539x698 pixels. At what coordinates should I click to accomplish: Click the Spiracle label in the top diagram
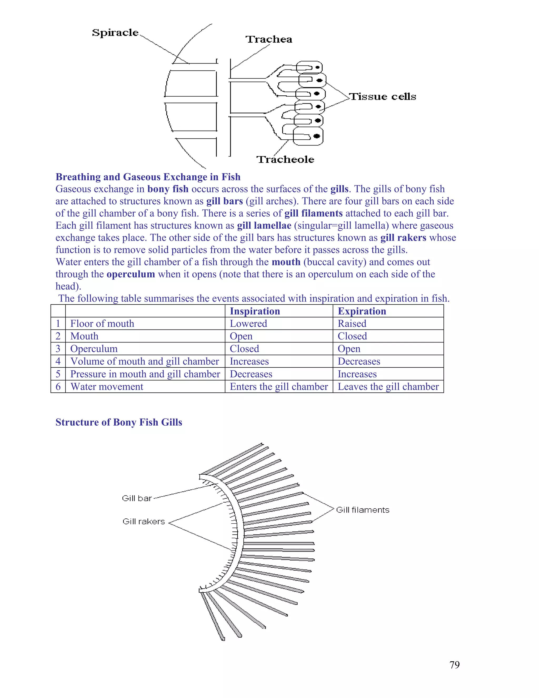point(115,33)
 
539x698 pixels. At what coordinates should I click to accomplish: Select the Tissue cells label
point(382,96)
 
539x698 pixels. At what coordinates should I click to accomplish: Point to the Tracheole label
point(285,159)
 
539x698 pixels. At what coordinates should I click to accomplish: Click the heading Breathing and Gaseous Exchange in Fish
point(148,177)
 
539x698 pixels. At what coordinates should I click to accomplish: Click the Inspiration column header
point(255,311)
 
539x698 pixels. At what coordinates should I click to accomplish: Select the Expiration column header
point(362,311)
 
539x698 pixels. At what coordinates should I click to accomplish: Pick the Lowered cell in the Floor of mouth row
point(248,323)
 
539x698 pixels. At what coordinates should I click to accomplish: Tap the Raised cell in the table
point(352,323)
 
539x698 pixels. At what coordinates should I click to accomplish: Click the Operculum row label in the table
point(94,349)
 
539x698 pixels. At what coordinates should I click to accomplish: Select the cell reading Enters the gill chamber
point(279,387)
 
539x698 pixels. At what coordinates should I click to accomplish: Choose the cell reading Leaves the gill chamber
point(388,387)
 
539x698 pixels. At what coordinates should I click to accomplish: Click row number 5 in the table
point(58,374)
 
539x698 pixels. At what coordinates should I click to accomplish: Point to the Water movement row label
point(107,387)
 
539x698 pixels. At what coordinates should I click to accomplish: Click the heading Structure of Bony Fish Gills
point(119,422)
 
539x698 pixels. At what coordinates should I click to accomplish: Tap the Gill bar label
point(137,498)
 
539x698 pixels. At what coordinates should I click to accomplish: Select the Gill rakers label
point(144,521)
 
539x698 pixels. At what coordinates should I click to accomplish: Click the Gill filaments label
point(363,510)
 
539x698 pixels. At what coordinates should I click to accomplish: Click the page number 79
point(454,665)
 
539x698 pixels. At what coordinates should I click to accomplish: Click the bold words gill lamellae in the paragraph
point(264,226)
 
